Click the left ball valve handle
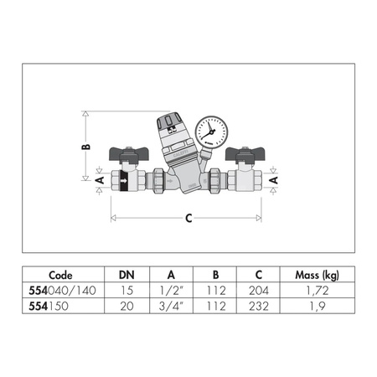click(131, 155)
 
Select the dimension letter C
click(188, 218)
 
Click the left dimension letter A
click(98, 179)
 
